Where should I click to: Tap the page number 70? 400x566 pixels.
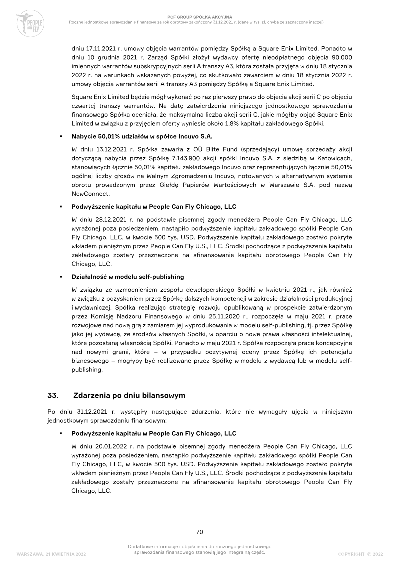click(199, 531)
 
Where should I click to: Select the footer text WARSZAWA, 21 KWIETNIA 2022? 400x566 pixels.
click(51, 554)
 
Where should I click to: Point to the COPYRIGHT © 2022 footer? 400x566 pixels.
click(360, 554)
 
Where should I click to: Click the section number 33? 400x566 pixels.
click(53, 395)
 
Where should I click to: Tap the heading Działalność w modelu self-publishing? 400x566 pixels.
click(128, 276)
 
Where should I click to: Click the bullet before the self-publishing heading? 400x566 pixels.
click(60, 277)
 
